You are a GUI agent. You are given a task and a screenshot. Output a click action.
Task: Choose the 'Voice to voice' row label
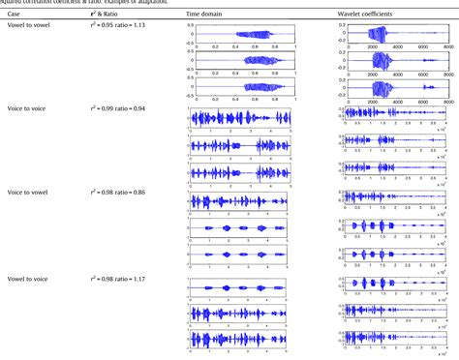coord(29,111)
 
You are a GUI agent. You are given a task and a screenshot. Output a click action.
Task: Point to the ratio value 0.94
coord(148,111)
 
